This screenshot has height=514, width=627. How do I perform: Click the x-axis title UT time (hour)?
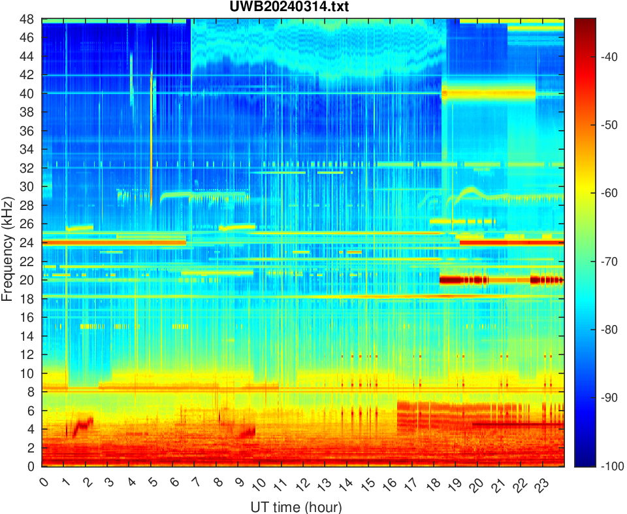point(296,507)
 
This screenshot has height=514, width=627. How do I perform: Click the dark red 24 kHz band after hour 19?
point(509,243)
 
